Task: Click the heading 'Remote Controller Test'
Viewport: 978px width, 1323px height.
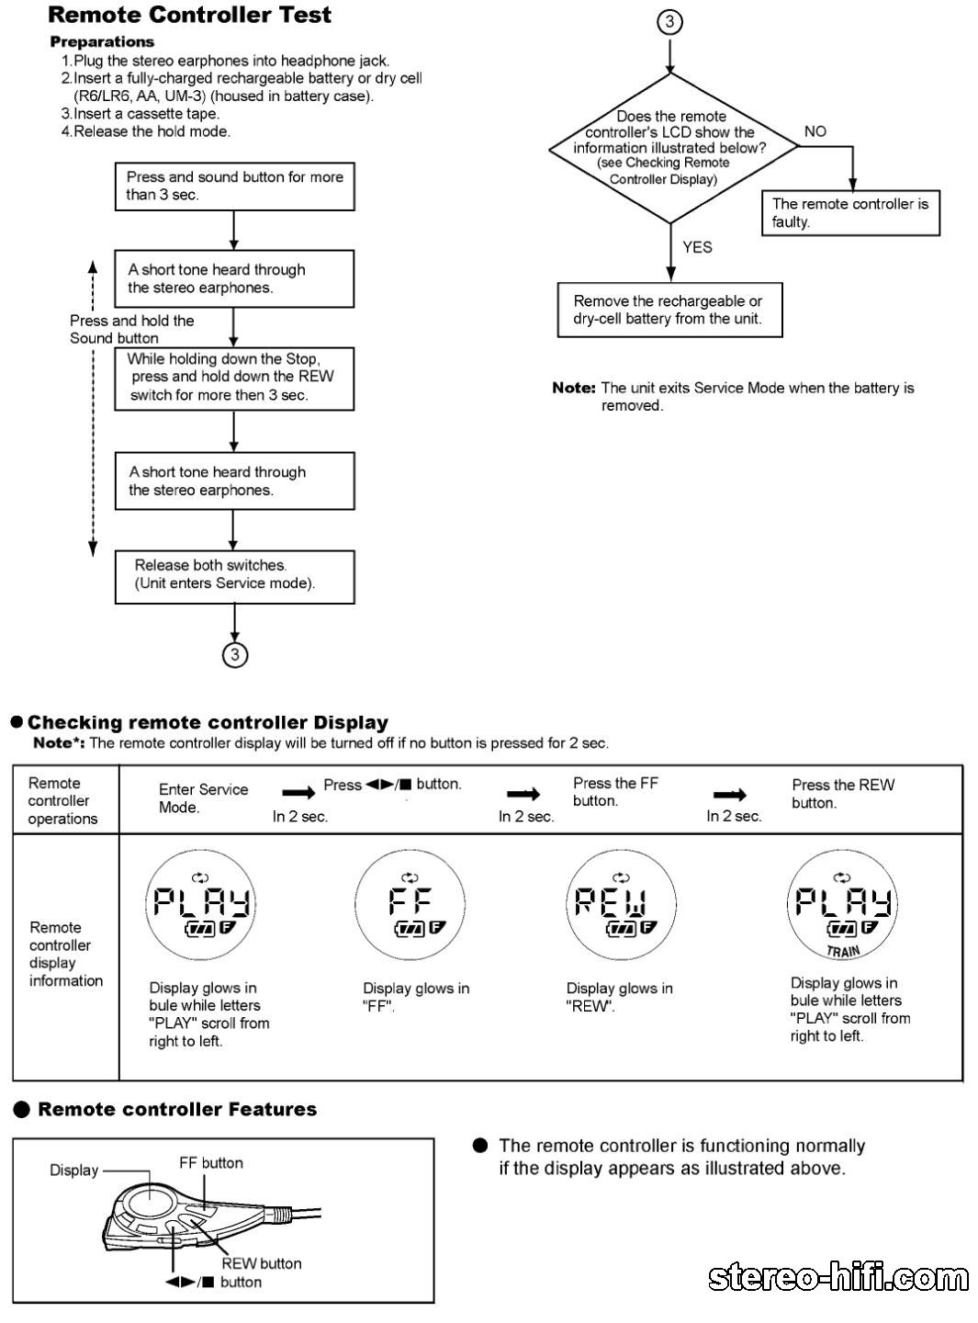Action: coord(189,15)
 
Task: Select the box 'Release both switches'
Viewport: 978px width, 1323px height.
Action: coord(234,576)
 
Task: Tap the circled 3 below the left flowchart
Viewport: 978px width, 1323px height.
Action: coord(235,654)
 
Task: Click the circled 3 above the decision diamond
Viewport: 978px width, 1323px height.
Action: coord(670,22)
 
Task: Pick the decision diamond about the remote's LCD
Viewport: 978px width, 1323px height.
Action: coord(671,148)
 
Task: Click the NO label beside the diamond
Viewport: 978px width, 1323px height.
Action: coord(815,131)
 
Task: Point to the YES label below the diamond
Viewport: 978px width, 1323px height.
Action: coord(697,247)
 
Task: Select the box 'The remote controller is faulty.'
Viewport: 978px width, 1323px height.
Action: coord(850,212)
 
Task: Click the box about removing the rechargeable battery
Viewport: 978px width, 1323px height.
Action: coord(669,310)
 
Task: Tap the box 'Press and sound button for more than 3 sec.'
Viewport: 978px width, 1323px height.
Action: coord(234,186)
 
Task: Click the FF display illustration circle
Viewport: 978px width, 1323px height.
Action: coord(410,905)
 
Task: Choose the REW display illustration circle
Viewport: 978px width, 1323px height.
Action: coord(621,905)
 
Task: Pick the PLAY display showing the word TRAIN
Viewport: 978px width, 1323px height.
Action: coord(842,905)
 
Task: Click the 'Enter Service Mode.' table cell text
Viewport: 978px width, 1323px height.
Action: coord(203,797)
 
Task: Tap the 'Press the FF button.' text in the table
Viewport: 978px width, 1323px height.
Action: coord(615,792)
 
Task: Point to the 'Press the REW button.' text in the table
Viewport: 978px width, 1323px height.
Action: coord(842,794)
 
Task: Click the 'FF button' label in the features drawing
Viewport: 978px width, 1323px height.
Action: coord(211,1163)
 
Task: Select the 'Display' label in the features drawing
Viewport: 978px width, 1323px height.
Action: coord(73,1170)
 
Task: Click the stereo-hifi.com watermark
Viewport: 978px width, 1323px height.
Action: coord(837,1278)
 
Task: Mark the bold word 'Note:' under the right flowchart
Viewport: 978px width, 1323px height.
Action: coord(574,389)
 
